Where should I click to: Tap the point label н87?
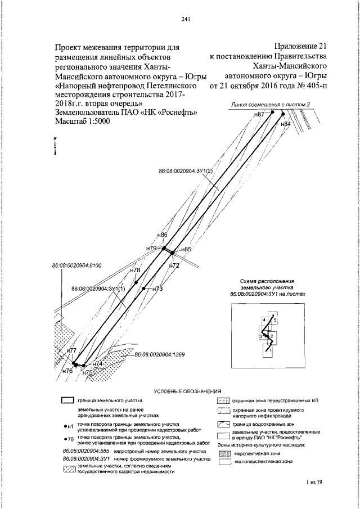coord(259,114)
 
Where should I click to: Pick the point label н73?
coord(157,289)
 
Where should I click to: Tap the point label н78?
coord(135,271)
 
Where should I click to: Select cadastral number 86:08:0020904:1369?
coord(160,355)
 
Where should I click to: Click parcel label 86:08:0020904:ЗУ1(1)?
coord(98,289)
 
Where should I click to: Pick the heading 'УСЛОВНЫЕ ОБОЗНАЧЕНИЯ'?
coord(187,390)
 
